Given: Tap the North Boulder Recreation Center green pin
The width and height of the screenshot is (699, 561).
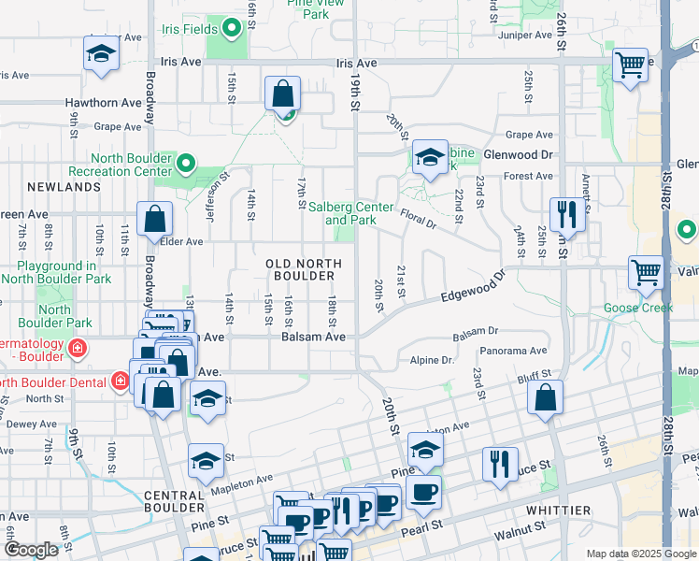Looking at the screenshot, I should click(x=185, y=165).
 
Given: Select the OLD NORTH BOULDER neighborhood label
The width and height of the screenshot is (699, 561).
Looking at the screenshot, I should click(x=301, y=270).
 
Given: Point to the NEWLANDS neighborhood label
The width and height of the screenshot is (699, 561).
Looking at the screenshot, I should click(x=64, y=187).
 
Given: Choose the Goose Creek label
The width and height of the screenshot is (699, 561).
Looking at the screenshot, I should click(x=637, y=308).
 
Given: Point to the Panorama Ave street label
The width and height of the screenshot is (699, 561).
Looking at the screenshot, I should click(x=513, y=352).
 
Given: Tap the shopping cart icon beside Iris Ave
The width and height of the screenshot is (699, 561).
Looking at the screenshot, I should click(x=631, y=65).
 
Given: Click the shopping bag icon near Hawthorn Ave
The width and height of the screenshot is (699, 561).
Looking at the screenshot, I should click(x=282, y=94).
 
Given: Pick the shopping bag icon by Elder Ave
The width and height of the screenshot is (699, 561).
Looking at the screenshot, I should click(x=155, y=221).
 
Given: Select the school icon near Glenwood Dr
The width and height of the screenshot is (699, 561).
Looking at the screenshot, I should click(x=430, y=156).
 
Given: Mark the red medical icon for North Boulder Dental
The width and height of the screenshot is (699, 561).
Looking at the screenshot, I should click(x=119, y=381).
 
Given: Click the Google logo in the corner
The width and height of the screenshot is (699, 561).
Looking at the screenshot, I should click(x=31, y=550).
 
